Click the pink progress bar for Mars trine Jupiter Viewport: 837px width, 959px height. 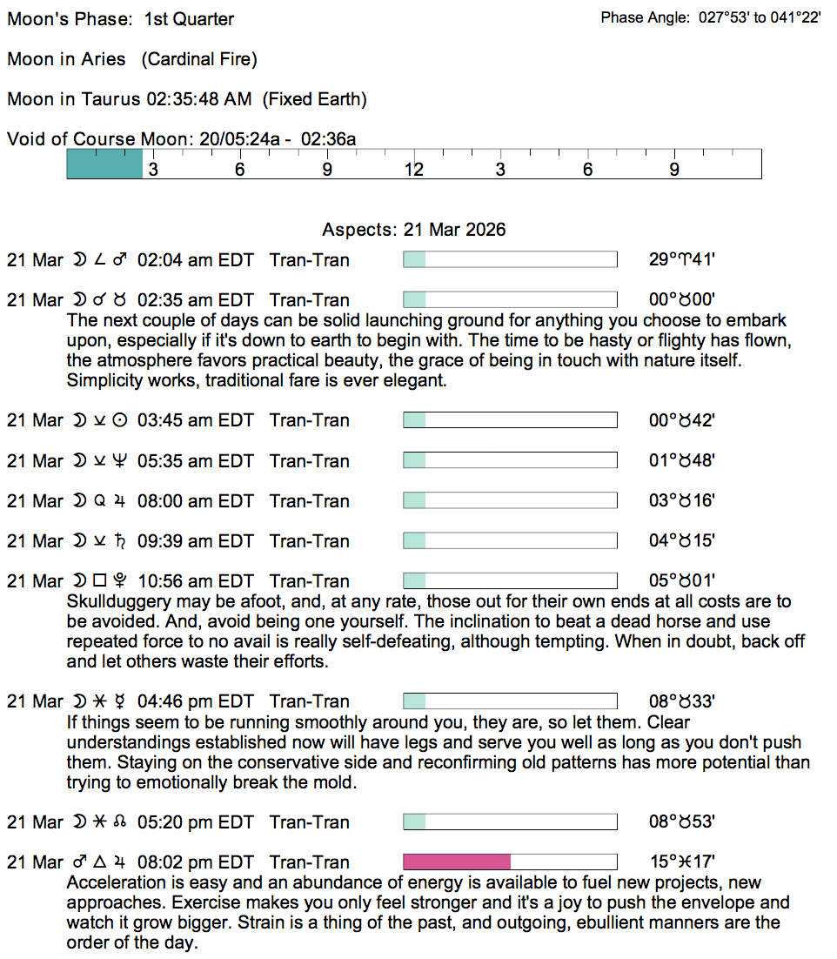[457, 862]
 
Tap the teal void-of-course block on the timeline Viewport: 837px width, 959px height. [104, 164]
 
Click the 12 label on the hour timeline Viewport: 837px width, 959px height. [414, 170]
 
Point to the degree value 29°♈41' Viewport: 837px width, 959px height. [682, 259]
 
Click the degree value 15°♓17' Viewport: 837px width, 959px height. [682, 862]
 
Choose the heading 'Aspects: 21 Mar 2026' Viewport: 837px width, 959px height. [413, 230]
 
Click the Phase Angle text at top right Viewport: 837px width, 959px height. [711, 17]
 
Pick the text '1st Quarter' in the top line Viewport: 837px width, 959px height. [189, 18]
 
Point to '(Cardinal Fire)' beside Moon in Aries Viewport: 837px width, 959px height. [199, 59]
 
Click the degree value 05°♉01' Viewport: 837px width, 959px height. [682, 581]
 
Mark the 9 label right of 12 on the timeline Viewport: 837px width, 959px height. [674, 170]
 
